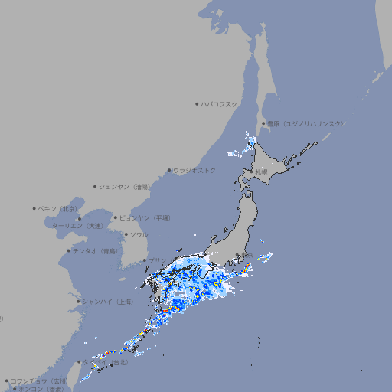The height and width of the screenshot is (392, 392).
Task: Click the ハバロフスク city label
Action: coord(220,103)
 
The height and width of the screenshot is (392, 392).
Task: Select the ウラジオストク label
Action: coord(194,170)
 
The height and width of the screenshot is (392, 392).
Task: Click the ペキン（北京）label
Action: coord(58,208)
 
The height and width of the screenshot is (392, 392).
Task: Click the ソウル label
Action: coord(139,234)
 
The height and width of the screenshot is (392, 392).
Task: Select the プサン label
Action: coord(156,260)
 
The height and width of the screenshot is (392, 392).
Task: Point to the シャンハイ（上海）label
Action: coord(106,302)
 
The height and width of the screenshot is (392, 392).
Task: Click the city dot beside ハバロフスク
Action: coord(197,103)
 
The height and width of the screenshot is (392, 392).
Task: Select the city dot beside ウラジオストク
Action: coord(169,170)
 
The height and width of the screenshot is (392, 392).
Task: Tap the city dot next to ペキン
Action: coord(34,208)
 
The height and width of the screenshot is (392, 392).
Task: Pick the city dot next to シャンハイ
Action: coord(78,302)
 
